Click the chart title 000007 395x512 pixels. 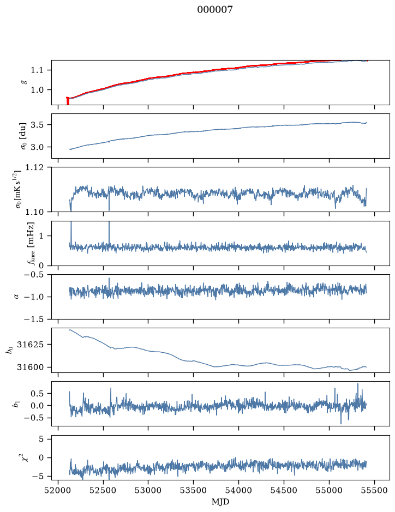pos(214,9)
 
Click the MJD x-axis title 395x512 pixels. pos(220,502)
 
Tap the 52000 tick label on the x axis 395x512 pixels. pos(58,490)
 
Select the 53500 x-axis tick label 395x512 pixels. pos(194,490)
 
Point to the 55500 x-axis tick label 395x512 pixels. pos(374,490)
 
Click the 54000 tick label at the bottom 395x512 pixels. pos(238,490)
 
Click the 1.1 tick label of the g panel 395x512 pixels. pos(37,70)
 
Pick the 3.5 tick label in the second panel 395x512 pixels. pos(37,125)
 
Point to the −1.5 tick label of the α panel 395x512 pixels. pos(34,319)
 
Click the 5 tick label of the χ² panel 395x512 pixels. pos(41,439)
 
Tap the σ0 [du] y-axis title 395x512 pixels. pos(23,136)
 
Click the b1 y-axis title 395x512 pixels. pos(15,404)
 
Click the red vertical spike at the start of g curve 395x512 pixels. pos(68,101)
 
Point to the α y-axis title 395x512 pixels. pos(17,297)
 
